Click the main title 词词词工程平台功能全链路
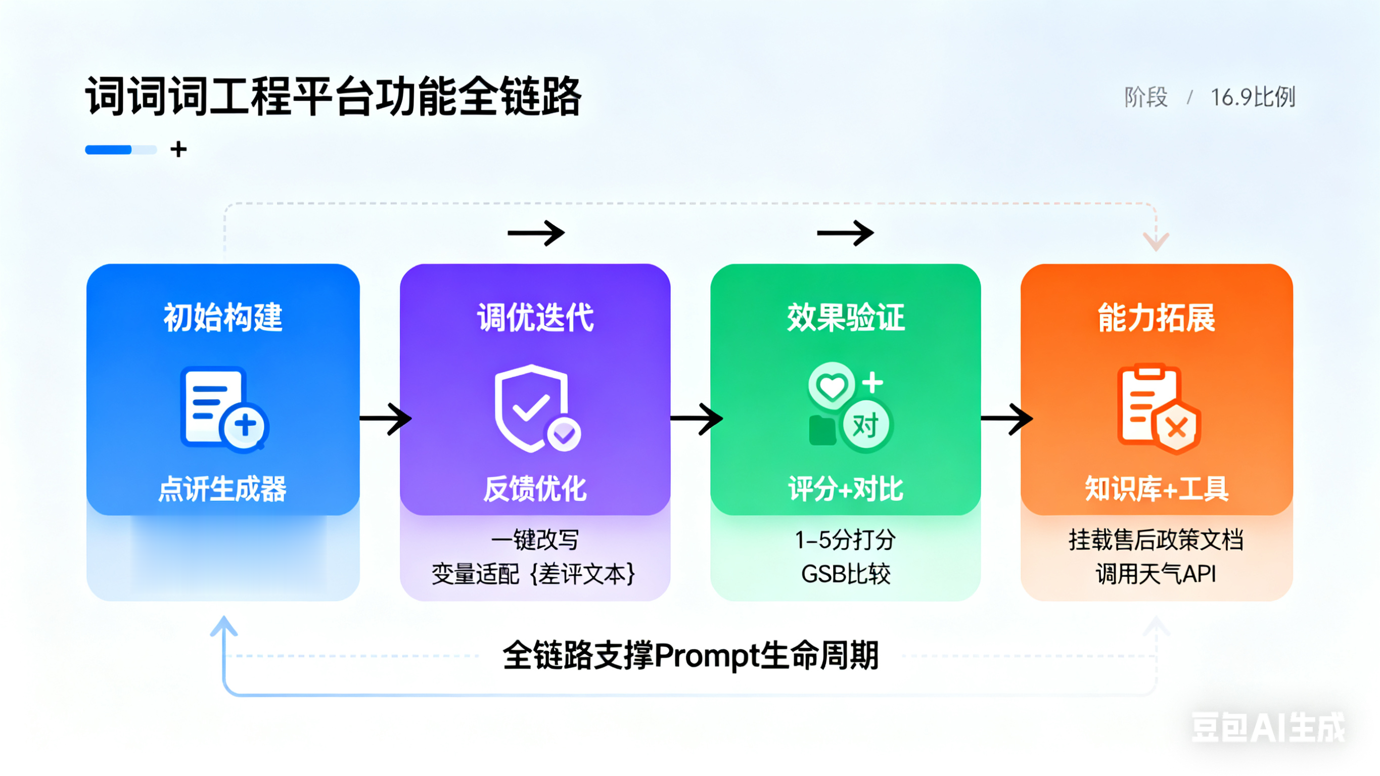click(x=333, y=97)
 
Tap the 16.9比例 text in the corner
click(x=1253, y=97)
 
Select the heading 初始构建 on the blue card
click(x=223, y=317)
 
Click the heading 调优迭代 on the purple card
click(x=535, y=317)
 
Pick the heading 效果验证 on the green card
click(x=846, y=317)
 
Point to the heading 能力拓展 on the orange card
click(x=1157, y=317)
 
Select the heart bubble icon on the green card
click(x=832, y=385)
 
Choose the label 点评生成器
click(x=222, y=489)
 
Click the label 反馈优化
click(x=535, y=489)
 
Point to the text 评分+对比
click(x=846, y=489)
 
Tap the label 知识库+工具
click(x=1157, y=489)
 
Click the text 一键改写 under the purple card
click(x=535, y=540)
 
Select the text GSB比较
click(x=846, y=574)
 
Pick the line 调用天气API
click(x=1156, y=574)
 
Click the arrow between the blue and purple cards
click(x=386, y=419)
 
